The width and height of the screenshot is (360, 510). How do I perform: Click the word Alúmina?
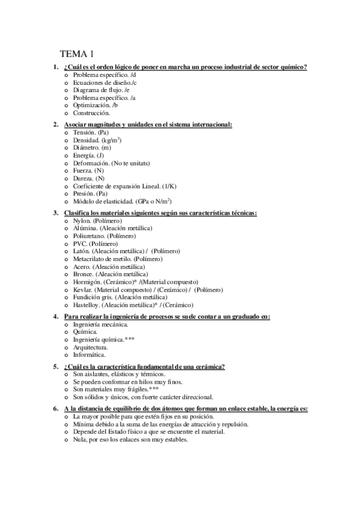tap(85, 229)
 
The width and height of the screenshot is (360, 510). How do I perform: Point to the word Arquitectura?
tap(90, 347)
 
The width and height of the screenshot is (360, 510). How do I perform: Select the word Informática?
tap(89, 355)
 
